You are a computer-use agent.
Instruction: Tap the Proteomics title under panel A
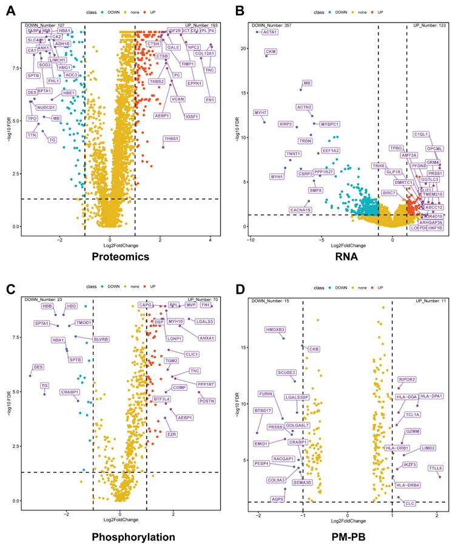click(121, 257)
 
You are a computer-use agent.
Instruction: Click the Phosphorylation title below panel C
click(133, 537)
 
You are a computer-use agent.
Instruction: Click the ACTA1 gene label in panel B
click(269, 32)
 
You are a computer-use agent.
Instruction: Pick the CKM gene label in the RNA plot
click(271, 52)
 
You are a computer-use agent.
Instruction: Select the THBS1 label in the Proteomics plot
click(172, 139)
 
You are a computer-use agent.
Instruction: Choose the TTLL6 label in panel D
click(436, 468)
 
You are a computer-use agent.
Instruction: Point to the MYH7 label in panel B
click(260, 112)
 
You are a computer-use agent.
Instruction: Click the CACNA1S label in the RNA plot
click(301, 210)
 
